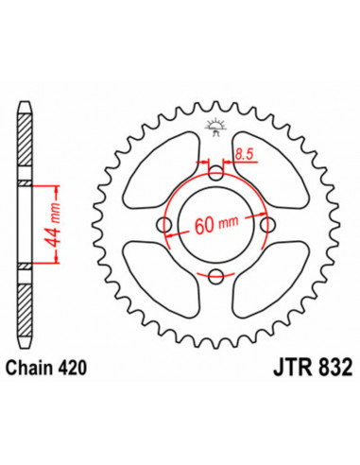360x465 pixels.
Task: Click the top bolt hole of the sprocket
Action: click(x=216, y=175)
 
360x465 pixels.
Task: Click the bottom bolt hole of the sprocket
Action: click(x=216, y=275)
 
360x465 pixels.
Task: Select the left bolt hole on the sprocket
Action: click(x=166, y=225)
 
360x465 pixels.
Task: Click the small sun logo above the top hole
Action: click(x=216, y=124)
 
